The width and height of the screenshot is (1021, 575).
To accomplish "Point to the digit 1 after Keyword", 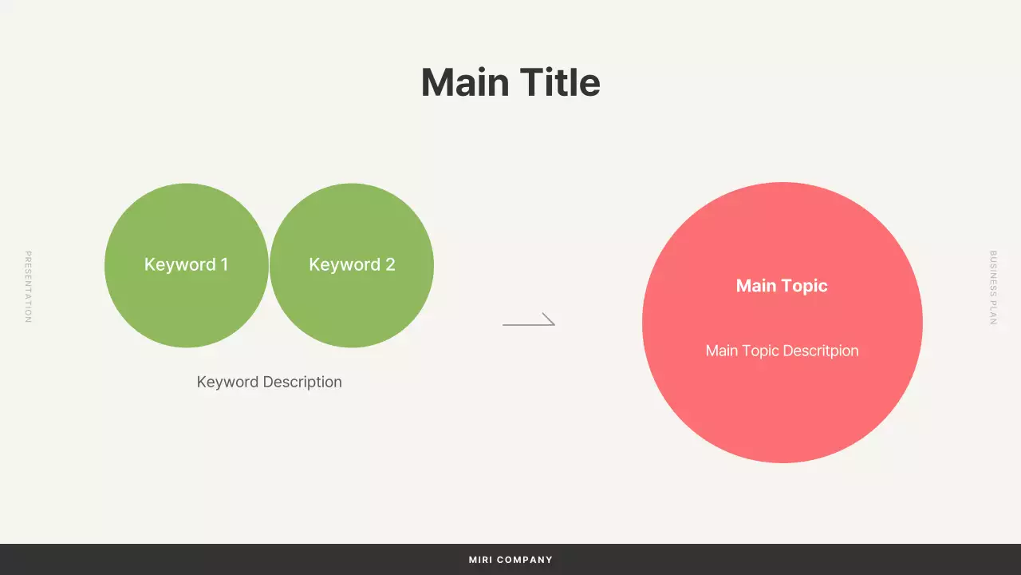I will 224,264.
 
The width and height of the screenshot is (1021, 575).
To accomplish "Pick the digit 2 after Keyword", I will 390,264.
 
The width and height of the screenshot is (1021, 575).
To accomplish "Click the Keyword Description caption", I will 270,382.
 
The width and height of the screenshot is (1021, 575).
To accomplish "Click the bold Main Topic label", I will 782,286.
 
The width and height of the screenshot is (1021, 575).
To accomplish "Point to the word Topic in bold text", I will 804,286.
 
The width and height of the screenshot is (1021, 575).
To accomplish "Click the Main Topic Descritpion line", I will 782,351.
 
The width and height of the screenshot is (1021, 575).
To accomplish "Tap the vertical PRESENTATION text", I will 28,287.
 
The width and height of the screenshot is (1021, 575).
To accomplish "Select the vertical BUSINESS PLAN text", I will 993,287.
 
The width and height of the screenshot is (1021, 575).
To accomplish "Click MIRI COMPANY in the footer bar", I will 510,560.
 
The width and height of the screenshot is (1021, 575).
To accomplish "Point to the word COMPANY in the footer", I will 525,560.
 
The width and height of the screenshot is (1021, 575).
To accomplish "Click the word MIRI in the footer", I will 480,560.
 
